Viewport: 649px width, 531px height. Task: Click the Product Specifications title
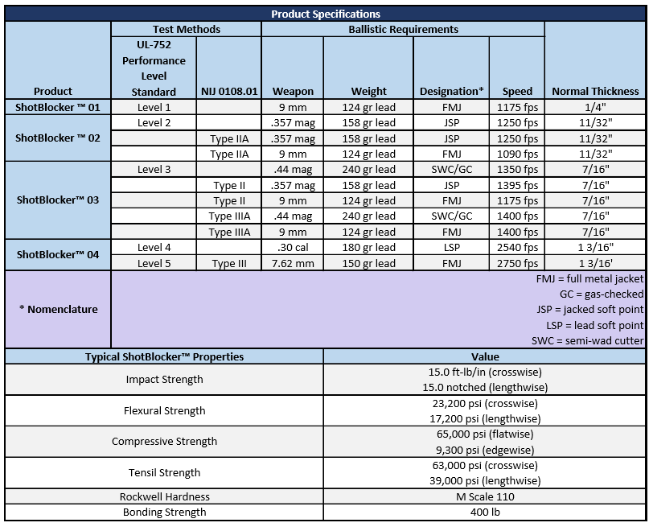pyautogui.click(x=325, y=14)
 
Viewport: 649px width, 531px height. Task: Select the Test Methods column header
pyautogui.click(x=186, y=29)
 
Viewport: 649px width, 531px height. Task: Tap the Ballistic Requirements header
pyautogui.click(x=403, y=29)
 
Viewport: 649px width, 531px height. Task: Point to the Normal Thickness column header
pyautogui.click(x=595, y=91)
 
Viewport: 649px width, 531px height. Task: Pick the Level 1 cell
pyautogui.click(x=154, y=107)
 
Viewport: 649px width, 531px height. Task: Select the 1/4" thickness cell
pyautogui.click(x=595, y=107)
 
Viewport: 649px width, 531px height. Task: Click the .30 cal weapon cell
pyautogui.click(x=293, y=248)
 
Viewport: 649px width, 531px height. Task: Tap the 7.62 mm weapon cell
pyautogui.click(x=293, y=263)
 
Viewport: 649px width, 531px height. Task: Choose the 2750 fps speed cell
pyautogui.click(x=517, y=263)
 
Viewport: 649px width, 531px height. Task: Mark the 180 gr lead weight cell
pyautogui.click(x=368, y=248)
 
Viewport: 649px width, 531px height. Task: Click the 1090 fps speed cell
pyautogui.click(x=517, y=154)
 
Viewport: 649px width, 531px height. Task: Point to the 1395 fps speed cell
pyautogui.click(x=517, y=185)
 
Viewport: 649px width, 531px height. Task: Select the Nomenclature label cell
pyautogui.click(x=58, y=309)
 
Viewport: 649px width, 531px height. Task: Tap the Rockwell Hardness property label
pyautogui.click(x=164, y=496)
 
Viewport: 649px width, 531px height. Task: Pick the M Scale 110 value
pyautogui.click(x=484, y=496)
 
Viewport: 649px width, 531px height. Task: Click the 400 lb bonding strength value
pyautogui.click(x=484, y=512)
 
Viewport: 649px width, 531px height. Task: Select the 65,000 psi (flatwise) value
pyautogui.click(x=484, y=434)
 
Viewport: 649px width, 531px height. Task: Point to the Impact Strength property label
pyautogui.click(x=164, y=379)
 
